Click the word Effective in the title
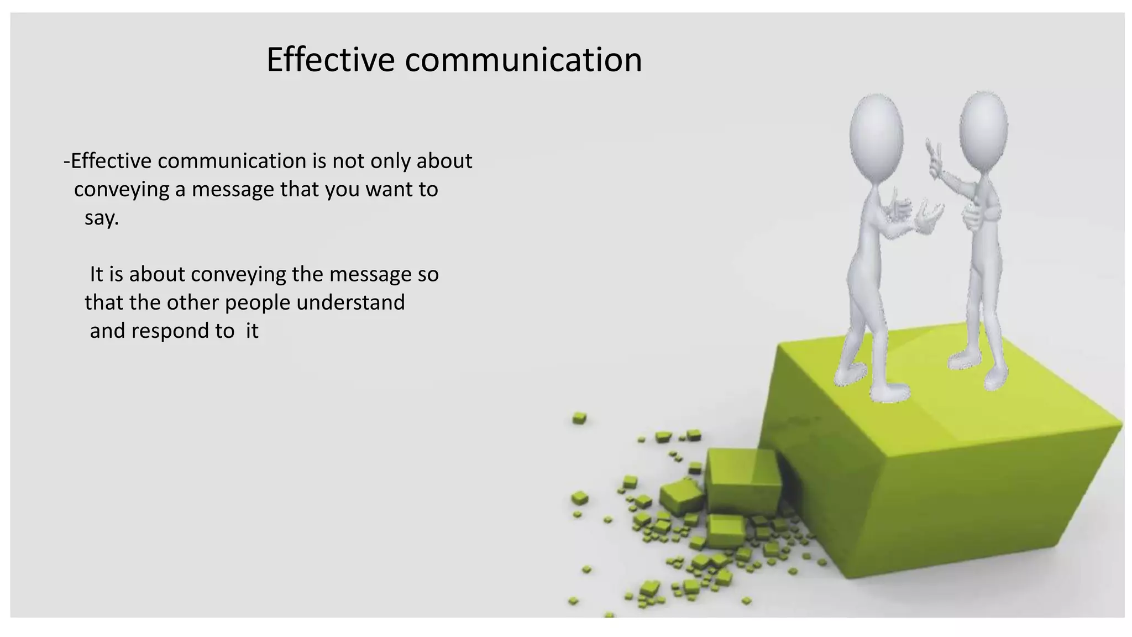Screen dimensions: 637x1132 point(330,60)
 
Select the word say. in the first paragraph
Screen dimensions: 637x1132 point(102,218)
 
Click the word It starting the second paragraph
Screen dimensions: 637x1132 point(96,274)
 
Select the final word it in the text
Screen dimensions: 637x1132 point(252,331)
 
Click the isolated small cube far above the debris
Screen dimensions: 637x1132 point(579,418)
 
